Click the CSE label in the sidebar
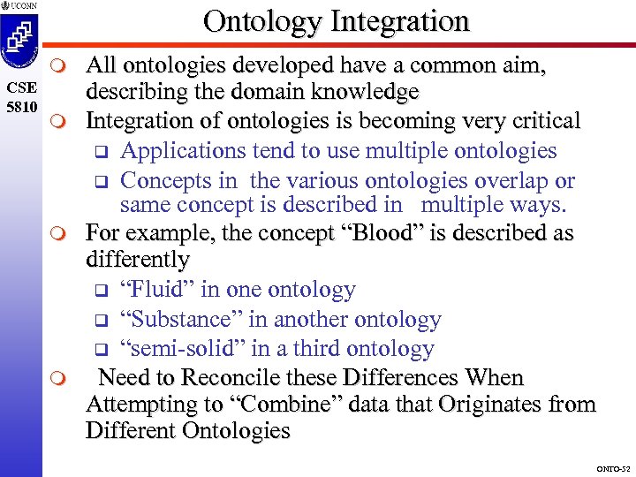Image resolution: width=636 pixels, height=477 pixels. point(20,87)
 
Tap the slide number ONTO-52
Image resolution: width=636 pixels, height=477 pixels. point(612,468)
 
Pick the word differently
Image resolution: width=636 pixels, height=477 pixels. point(138,260)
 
